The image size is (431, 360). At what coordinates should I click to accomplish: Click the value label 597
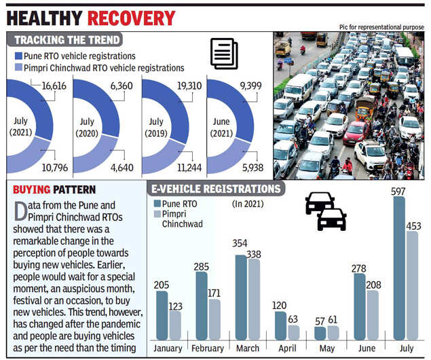click(x=400, y=191)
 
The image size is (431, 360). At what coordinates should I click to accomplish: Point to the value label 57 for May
click(x=320, y=320)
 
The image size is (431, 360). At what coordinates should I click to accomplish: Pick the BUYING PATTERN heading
click(x=54, y=190)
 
